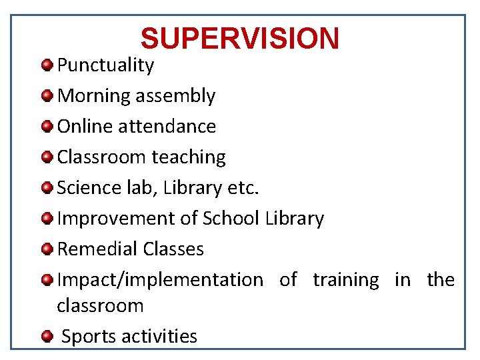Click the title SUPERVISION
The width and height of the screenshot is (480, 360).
point(240,39)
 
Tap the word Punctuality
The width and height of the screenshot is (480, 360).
point(105,65)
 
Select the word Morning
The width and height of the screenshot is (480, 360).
point(94,96)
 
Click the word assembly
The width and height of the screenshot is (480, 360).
point(175,96)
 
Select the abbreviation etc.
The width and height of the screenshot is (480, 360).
point(243,187)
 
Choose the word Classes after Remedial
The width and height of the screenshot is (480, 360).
point(174,249)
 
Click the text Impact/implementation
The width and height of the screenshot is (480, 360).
point(160,280)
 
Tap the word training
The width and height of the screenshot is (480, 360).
point(346,280)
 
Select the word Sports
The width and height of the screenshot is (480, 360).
point(89,336)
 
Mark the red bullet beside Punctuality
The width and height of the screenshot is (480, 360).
point(47,65)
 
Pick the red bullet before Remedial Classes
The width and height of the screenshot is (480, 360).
point(47,249)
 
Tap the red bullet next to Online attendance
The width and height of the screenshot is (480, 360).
point(47,126)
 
